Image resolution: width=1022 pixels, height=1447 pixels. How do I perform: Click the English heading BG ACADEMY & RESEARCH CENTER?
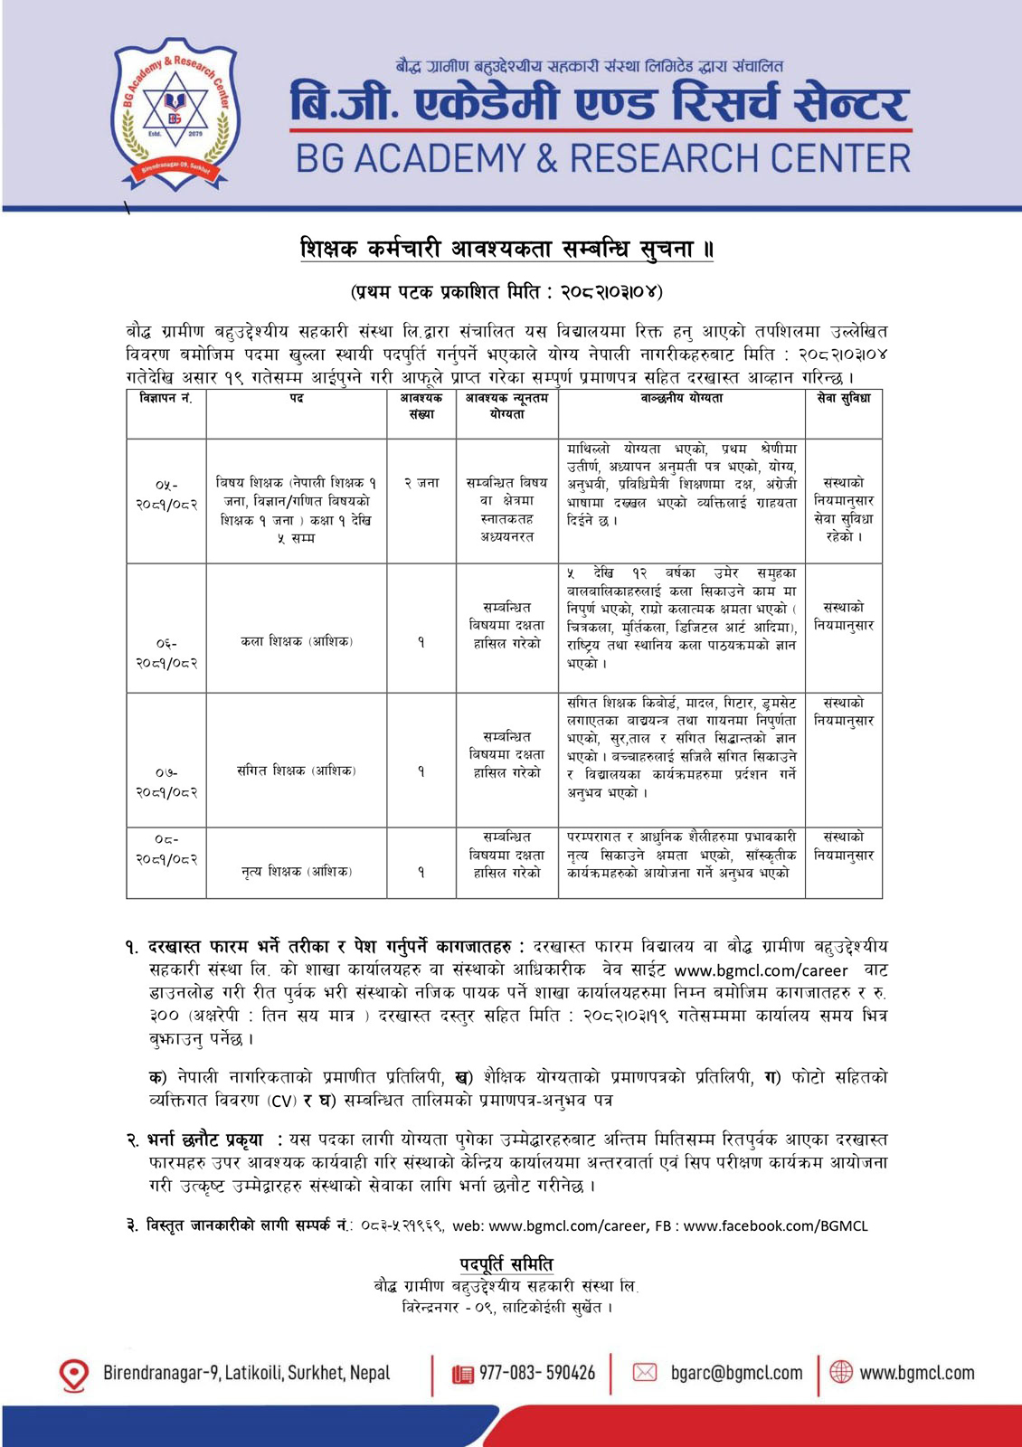coord(603,159)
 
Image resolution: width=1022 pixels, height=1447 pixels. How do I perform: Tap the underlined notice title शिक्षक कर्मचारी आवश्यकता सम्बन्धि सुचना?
coord(506,249)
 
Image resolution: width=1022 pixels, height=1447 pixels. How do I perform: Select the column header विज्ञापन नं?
coord(166,399)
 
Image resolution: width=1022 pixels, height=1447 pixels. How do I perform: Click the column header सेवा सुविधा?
coord(843,399)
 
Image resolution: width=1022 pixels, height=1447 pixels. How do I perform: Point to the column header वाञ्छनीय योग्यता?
coord(681,399)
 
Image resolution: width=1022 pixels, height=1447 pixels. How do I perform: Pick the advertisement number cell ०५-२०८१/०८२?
coord(166,494)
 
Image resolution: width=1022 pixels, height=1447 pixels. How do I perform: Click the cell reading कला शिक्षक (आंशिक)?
coord(297,641)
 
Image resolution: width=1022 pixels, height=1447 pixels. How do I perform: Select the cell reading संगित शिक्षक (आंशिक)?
coord(297,771)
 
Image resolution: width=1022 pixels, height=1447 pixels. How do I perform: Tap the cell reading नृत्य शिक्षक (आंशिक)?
coord(297,871)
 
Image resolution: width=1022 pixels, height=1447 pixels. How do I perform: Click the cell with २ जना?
coord(421,483)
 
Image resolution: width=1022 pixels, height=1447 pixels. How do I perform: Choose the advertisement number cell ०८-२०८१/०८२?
coord(166,849)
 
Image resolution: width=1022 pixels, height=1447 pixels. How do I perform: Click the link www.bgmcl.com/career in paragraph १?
coord(761,970)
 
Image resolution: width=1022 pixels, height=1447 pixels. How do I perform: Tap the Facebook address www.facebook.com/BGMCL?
coord(775,1225)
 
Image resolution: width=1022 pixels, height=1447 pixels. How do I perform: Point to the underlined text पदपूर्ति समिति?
coord(506,1263)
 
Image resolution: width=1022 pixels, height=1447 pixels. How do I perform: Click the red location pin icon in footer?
coord(73,1375)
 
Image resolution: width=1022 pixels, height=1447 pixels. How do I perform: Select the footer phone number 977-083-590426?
coord(537,1373)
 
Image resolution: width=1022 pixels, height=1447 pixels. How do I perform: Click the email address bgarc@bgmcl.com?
coord(736,1373)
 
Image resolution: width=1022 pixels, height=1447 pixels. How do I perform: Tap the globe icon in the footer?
coord(841,1372)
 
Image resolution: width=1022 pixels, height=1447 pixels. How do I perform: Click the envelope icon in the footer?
coord(644,1373)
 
